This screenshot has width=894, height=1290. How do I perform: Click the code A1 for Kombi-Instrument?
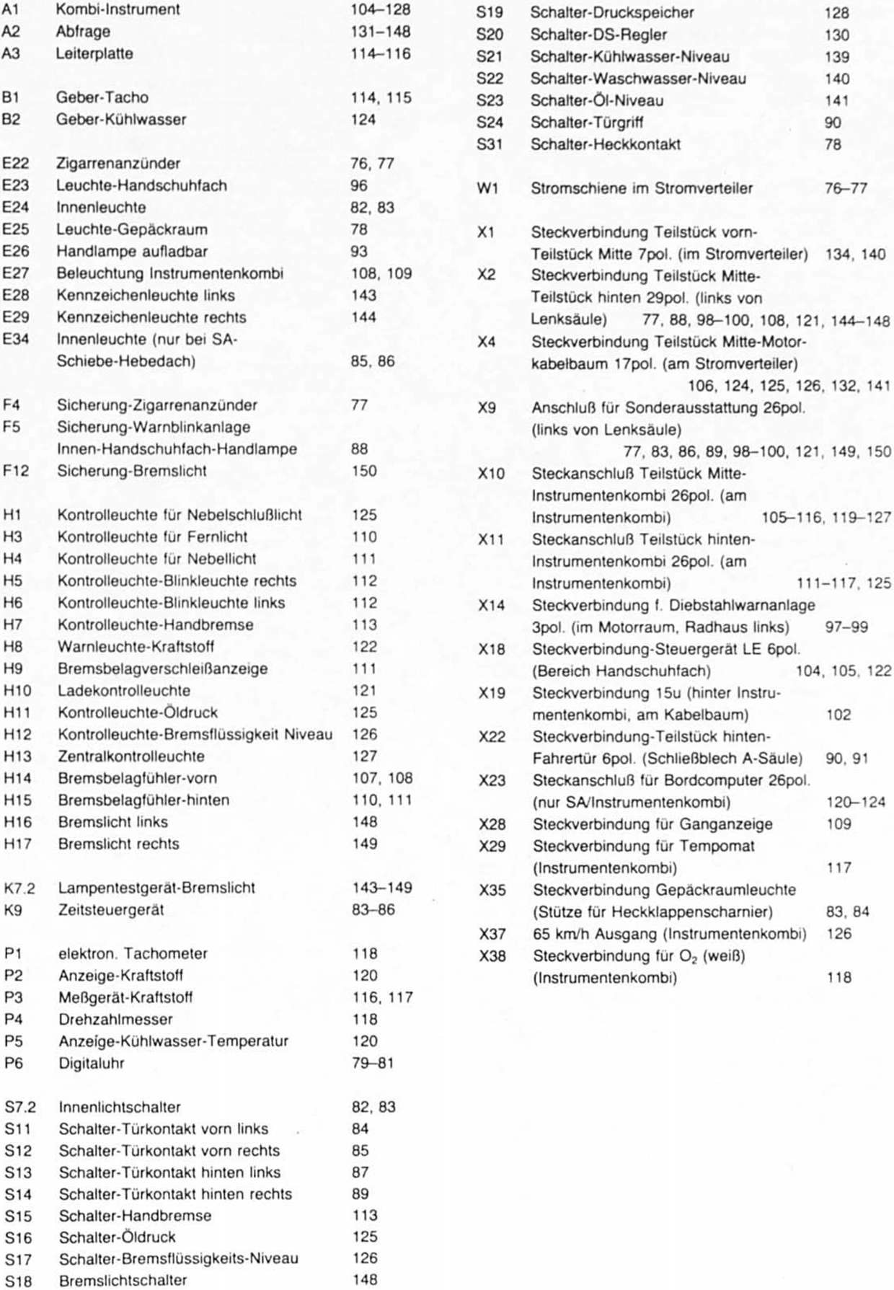point(11,10)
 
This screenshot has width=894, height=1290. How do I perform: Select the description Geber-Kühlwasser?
point(120,120)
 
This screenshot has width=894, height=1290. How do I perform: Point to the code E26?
point(15,252)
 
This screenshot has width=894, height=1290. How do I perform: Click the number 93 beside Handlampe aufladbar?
point(359,252)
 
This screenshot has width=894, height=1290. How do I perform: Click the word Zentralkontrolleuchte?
point(130,756)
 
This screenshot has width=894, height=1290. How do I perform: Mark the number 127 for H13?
point(365,756)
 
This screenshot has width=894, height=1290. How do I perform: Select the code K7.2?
point(19,888)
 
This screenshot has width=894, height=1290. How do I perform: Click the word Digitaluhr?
point(91,1064)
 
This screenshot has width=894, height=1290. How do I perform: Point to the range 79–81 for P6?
point(373,1064)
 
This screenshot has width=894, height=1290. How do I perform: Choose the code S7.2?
point(19,1108)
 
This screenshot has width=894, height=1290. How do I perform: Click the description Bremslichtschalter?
point(123,1281)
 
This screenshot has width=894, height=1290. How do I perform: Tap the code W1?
point(487,188)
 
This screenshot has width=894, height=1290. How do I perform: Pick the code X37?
point(492,935)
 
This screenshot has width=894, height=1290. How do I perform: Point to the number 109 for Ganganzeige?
point(838,824)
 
